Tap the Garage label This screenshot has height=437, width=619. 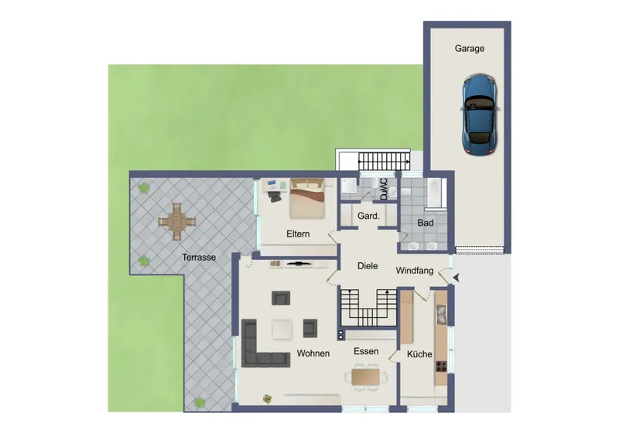[x=469, y=49]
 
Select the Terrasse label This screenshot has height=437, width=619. [x=199, y=257]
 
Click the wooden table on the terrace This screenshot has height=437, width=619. [x=176, y=224]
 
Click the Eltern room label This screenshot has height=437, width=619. [x=299, y=233]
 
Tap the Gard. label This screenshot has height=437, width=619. [x=368, y=217]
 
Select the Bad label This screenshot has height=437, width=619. [x=425, y=224]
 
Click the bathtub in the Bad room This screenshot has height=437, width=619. [x=433, y=193]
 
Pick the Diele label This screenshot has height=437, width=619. [x=368, y=266]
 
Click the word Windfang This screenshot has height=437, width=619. [x=416, y=271]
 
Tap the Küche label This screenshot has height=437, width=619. [x=419, y=354]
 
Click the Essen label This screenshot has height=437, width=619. [x=366, y=351]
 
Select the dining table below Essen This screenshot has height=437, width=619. [x=367, y=377]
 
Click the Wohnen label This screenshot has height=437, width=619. [x=313, y=353]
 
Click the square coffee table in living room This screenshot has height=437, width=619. [x=282, y=329]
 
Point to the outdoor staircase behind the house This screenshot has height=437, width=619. [x=385, y=162]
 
